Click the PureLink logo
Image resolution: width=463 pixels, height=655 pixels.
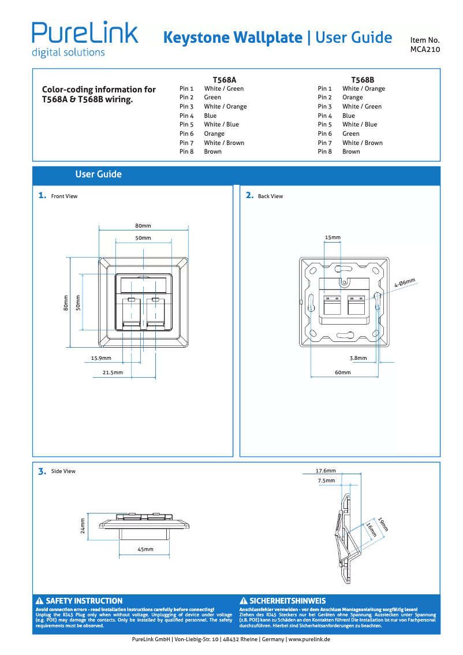pyautogui.click(x=85, y=39)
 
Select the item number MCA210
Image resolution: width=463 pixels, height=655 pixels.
pyautogui.click(x=425, y=50)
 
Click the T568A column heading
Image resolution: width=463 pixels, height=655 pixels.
pyautogui.click(x=225, y=79)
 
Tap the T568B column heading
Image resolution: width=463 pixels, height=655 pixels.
pyautogui.click(x=363, y=79)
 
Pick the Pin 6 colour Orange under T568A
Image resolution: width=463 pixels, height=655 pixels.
pyautogui.click(x=214, y=133)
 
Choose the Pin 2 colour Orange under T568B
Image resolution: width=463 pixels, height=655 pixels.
pyautogui.click(x=352, y=98)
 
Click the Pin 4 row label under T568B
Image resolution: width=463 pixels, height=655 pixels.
pyautogui.click(x=324, y=116)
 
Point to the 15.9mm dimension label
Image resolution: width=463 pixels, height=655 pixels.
pyautogui.click(x=101, y=358)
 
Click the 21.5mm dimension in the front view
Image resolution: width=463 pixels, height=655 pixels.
pyautogui.click(x=113, y=373)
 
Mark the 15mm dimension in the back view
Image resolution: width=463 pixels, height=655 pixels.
pyautogui.click(x=333, y=237)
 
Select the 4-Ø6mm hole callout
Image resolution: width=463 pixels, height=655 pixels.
pyautogui.click(x=405, y=282)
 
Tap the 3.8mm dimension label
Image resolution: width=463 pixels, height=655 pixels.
pyautogui.click(x=358, y=358)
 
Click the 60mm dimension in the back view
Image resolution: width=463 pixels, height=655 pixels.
pyautogui.click(x=343, y=373)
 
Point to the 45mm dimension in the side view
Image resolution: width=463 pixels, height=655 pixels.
pyautogui.click(x=145, y=549)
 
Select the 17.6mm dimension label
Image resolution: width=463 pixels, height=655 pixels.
pyautogui.click(x=326, y=471)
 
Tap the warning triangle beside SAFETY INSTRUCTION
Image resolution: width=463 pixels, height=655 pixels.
pyautogui.click(x=40, y=601)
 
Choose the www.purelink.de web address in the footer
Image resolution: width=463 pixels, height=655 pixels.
pyautogui.click(x=309, y=639)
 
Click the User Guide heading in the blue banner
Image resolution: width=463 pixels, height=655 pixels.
pyautogui.click(x=98, y=174)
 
